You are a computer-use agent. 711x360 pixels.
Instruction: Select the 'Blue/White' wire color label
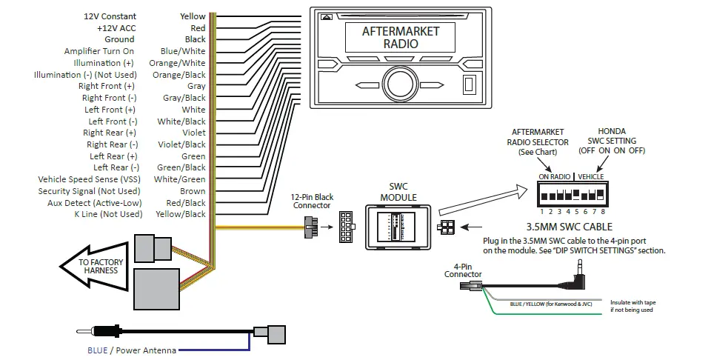(x=183, y=51)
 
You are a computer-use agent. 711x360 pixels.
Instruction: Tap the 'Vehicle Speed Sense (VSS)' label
(x=90, y=179)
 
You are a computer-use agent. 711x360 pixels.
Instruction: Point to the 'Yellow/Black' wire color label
(x=181, y=214)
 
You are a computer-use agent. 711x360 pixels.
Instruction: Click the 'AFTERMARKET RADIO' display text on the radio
(x=400, y=37)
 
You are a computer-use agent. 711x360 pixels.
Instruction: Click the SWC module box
(x=398, y=227)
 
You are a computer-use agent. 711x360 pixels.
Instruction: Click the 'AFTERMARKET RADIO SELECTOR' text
(x=537, y=141)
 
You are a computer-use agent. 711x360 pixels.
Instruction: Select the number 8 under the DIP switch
(x=603, y=212)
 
